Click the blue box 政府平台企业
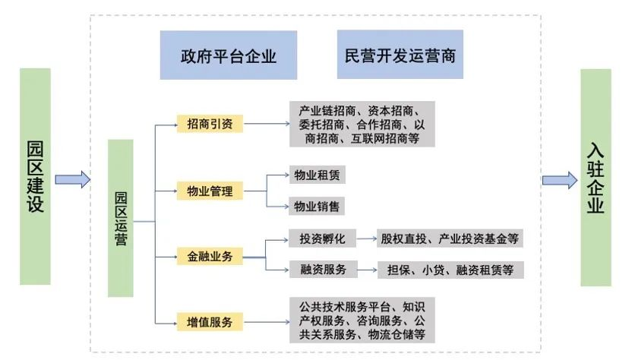[x=228, y=55]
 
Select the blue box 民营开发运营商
[x=400, y=55]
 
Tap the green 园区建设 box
[x=35, y=176]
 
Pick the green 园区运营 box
[x=121, y=218]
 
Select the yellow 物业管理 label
[x=210, y=190]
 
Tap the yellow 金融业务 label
[x=210, y=257]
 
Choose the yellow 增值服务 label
[x=210, y=322]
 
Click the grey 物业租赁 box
[x=317, y=175]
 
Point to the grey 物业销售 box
[x=317, y=206]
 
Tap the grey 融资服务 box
[x=318, y=270]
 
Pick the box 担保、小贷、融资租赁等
[x=450, y=270]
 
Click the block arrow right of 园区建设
[x=73, y=179]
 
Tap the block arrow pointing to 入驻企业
[x=560, y=180]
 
